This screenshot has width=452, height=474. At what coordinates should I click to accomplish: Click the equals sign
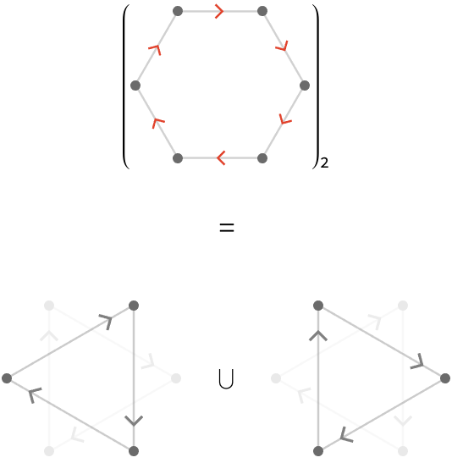[x=227, y=228]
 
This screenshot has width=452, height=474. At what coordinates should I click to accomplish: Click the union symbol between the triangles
[x=226, y=379]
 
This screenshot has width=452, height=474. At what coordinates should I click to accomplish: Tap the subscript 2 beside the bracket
[x=324, y=163]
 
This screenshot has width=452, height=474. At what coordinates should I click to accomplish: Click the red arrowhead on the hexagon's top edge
[x=219, y=12]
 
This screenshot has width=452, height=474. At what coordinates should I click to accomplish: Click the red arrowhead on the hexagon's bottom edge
[x=221, y=157]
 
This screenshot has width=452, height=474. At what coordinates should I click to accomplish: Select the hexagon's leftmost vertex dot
[x=135, y=85]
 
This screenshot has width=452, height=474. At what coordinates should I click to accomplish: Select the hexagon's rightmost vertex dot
[x=305, y=85]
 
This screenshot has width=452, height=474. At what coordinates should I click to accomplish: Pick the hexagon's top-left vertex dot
[x=178, y=12]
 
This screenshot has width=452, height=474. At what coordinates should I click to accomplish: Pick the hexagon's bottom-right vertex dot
[x=262, y=158]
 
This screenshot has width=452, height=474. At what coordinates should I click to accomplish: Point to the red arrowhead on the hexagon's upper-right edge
[x=283, y=47]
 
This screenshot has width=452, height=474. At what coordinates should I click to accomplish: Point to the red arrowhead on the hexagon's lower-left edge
[x=157, y=123]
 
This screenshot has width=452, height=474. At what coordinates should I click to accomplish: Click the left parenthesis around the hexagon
[x=126, y=86]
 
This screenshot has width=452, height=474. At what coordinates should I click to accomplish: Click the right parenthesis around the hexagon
[x=316, y=86]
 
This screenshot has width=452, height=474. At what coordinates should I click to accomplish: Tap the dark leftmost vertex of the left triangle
[x=7, y=378]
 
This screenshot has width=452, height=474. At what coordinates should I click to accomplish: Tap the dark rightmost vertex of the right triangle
[x=445, y=378]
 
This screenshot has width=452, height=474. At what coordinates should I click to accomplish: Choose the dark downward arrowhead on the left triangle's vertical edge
[x=134, y=421]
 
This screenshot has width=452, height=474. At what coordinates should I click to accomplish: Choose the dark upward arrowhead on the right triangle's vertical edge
[x=318, y=336]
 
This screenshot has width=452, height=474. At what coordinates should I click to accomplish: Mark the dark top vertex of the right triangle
[x=318, y=306]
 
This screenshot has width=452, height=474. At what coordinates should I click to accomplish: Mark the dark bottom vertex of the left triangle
[x=134, y=451]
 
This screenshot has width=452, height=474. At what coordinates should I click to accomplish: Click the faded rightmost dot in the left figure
[x=176, y=378]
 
